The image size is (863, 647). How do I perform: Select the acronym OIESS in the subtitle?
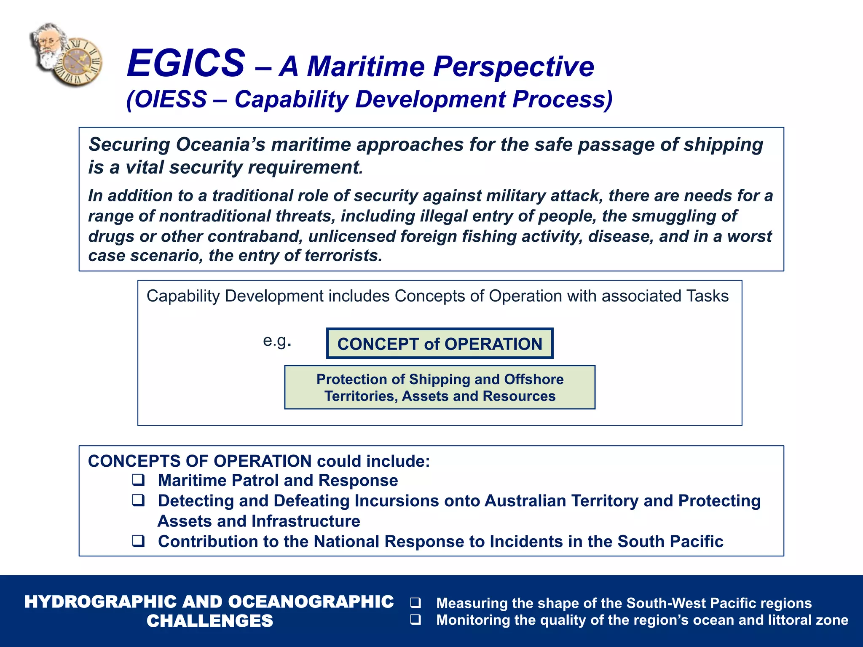pos(171,100)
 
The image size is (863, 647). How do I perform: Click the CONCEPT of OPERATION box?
pos(440,344)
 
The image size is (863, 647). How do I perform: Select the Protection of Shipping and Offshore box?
pos(440,387)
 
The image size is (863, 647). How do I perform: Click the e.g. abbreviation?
pos(277,340)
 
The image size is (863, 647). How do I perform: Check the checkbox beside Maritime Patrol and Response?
pos(138,480)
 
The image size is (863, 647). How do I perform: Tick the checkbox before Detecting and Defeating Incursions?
pos(138,500)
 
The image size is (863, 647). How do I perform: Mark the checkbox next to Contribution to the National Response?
pos(138,540)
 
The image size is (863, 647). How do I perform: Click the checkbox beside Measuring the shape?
pos(415,602)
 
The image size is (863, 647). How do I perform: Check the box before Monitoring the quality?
pos(415,619)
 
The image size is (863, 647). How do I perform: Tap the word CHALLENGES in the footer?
pos(209,621)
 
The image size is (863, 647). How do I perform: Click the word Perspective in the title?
pos(514,67)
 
